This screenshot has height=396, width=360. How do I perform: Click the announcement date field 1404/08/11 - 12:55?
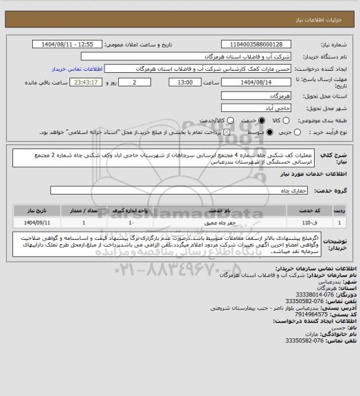pyautogui.click(x=64, y=43)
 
